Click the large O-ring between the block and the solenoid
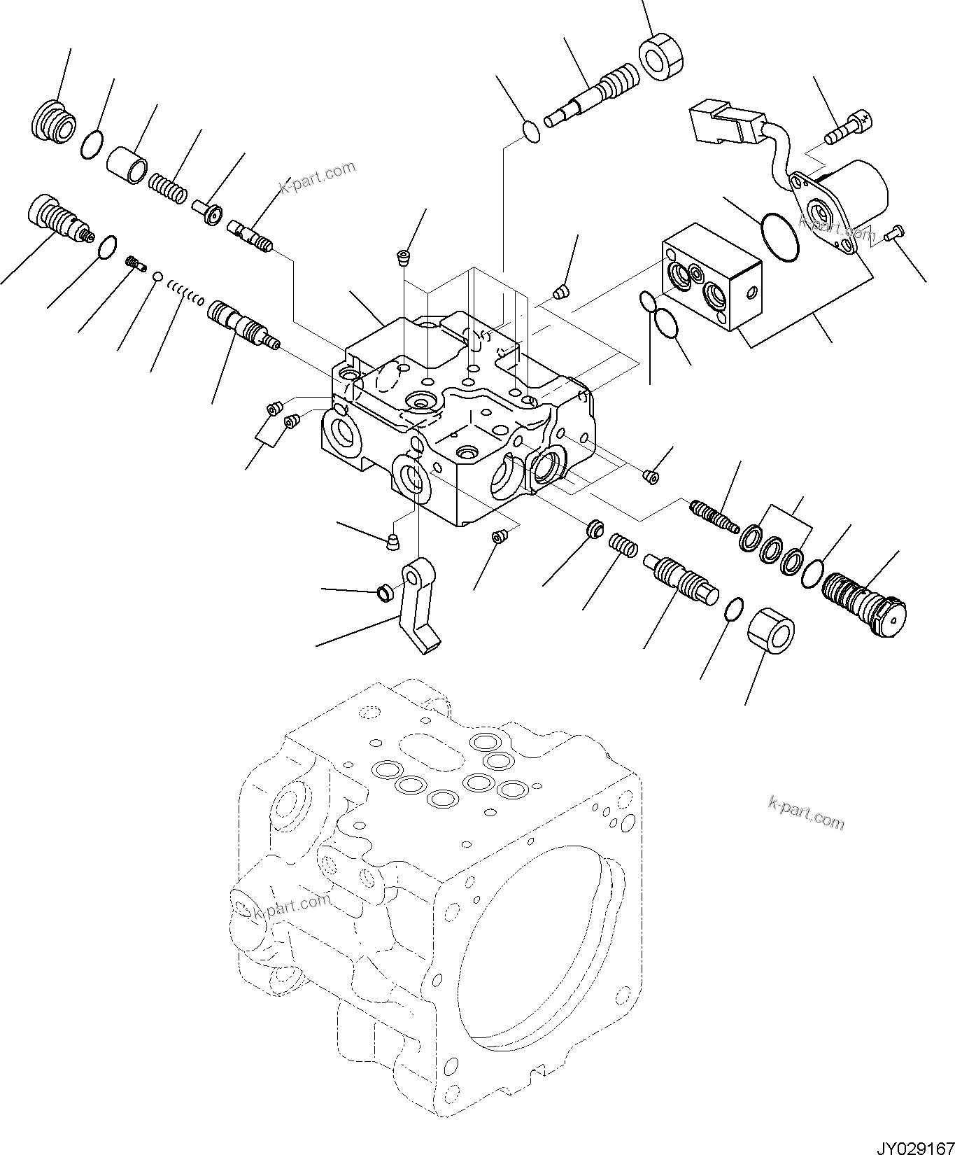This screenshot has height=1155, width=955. [x=779, y=237]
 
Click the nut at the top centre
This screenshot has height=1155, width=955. [x=662, y=59]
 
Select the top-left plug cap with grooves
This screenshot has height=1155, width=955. [x=52, y=120]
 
